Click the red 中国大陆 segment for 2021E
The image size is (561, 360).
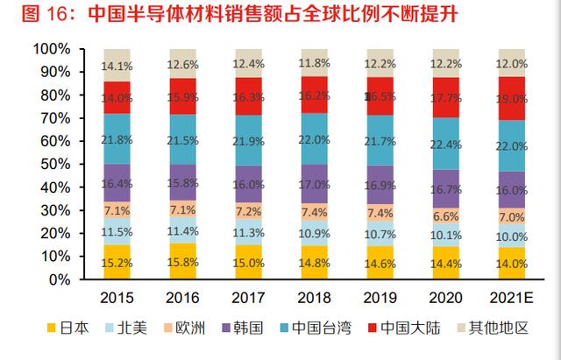click(x=512, y=98)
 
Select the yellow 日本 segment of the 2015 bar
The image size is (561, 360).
click(x=117, y=262)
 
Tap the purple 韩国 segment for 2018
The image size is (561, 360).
click(x=315, y=184)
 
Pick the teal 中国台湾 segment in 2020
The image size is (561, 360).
click(x=446, y=144)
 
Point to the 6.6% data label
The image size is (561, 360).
click(x=446, y=216)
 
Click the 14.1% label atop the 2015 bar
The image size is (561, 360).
click(x=117, y=67)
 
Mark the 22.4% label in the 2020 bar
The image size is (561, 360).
click(x=446, y=145)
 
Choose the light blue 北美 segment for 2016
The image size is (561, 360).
click(x=183, y=230)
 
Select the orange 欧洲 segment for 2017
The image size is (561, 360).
click(x=249, y=210)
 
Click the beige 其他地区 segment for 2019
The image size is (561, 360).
click(x=380, y=63)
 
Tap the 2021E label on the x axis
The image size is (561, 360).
click(x=512, y=298)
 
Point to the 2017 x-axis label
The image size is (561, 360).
click(x=248, y=298)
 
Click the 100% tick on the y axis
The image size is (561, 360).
click(x=52, y=49)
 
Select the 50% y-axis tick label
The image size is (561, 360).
click(x=55, y=164)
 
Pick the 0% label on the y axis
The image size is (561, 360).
click(x=60, y=279)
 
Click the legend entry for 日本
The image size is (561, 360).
click(x=68, y=328)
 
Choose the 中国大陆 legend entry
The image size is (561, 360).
click(x=404, y=328)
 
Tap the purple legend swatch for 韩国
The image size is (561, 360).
click(x=226, y=328)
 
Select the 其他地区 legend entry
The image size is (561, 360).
click(x=494, y=328)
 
